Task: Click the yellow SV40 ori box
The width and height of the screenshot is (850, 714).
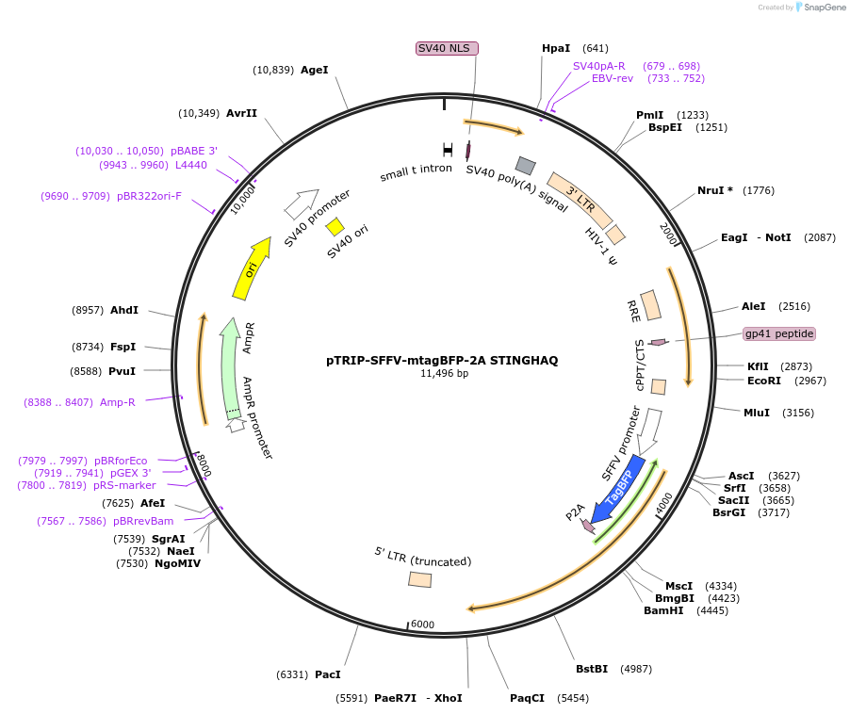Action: click(x=335, y=229)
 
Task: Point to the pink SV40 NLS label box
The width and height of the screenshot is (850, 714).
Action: click(x=448, y=48)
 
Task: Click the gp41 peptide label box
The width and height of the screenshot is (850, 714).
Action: click(x=778, y=333)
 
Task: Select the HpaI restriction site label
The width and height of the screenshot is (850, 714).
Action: click(x=556, y=48)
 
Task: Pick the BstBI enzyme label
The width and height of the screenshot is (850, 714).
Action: click(x=592, y=669)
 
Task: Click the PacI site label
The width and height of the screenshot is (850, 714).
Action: click(x=328, y=674)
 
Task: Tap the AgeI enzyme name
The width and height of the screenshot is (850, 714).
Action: click(x=315, y=70)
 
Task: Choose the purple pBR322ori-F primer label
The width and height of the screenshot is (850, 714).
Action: click(x=149, y=196)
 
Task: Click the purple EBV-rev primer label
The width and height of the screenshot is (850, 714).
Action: click(x=613, y=79)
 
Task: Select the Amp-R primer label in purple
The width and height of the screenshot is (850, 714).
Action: click(x=118, y=402)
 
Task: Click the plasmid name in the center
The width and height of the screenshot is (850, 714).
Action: click(x=443, y=360)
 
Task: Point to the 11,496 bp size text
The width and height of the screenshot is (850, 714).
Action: click(x=444, y=374)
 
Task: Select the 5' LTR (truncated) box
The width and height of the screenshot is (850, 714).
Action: click(x=420, y=579)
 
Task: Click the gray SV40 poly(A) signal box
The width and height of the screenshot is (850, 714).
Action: click(x=525, y=166)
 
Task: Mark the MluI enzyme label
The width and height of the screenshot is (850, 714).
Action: click(x=757, y=413)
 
